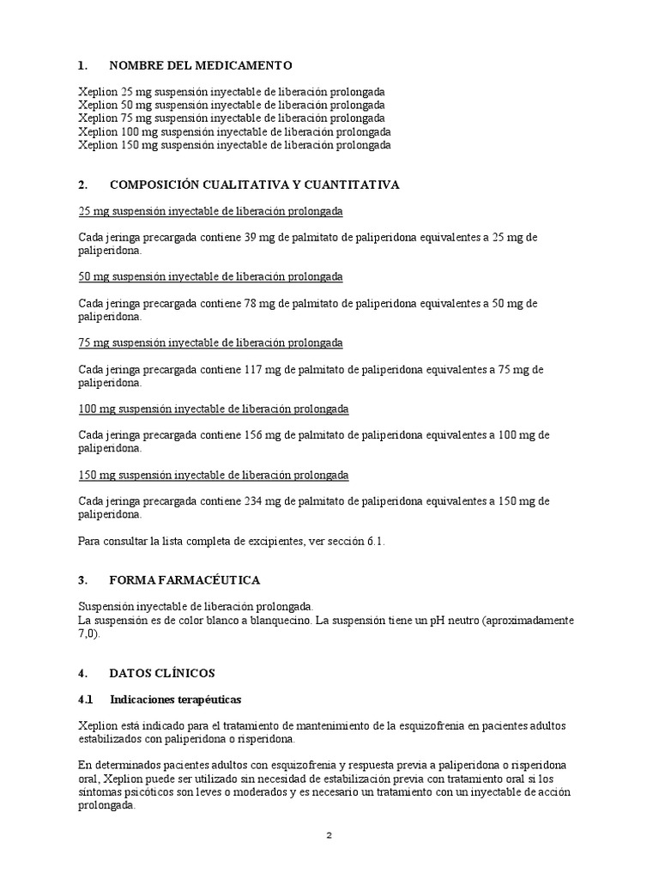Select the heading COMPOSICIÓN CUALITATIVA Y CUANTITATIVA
[x=254, y=185]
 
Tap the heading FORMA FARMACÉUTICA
[x=184, y=580]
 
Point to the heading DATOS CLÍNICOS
[x=162, y=672]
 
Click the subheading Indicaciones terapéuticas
[x=176, y=699]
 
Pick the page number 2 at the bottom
[x=329, y=837]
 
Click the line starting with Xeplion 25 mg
[x=231, y=91]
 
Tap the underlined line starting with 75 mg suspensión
[x=210, y=343]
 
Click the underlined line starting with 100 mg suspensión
[x=214, y=409]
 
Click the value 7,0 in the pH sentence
[x=88, y=633]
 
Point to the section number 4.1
[x=86, y=699]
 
